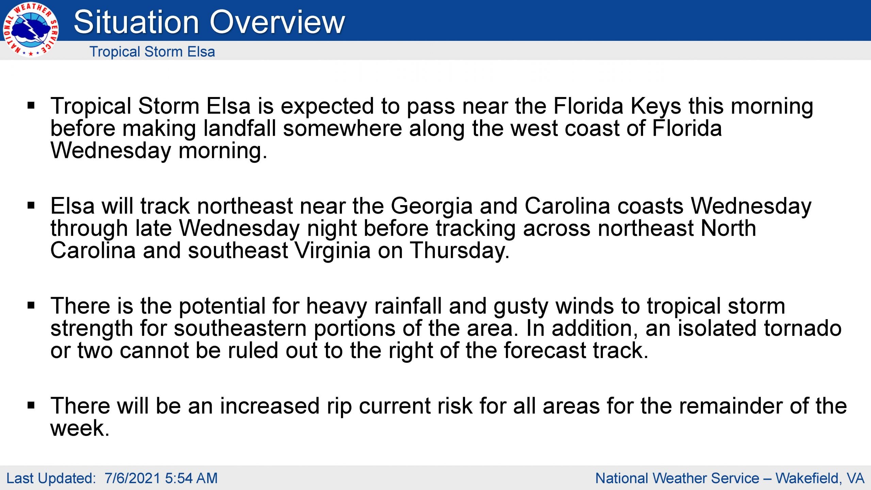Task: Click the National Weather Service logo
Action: (x=31, y=30)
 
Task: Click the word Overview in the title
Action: (x=277, y=22)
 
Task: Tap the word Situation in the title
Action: (x=136, y=22)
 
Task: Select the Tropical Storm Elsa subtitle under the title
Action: (x=152, y=52)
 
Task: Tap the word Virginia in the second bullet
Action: (x=332, y=251)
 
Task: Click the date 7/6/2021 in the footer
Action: (x=132, y=478)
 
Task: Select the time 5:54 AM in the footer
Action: (x=191, y=478)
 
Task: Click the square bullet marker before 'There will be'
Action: (x=31, y=406)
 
